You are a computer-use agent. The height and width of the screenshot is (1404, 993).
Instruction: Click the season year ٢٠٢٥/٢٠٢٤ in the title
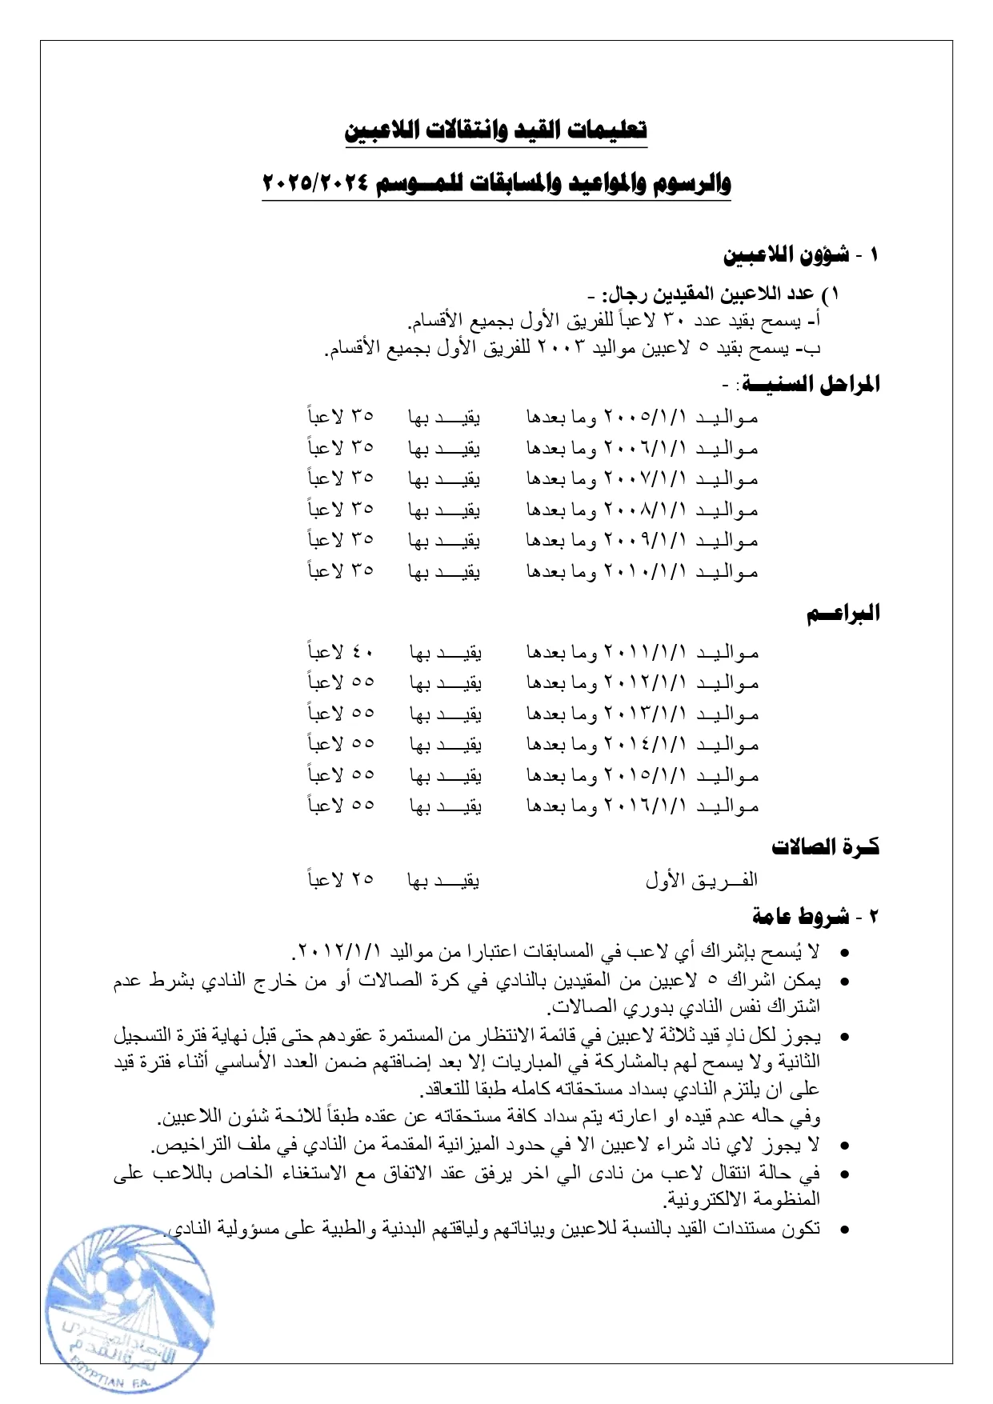click(315, 183)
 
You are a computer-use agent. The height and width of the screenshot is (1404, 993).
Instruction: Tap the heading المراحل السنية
click(811, 385)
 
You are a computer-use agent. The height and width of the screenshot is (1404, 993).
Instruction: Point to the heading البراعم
click(843, 614)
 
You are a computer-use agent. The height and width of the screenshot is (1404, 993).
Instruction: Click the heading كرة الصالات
click(825, 846)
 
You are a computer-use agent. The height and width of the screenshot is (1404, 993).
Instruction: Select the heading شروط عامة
click(800, 917)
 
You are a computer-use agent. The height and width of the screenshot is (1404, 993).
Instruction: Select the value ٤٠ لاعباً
click(341, 651)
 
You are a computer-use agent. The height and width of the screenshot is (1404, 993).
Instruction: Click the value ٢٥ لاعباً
click(341, 878)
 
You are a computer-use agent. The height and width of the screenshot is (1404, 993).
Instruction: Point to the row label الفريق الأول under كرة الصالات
click(701, 880)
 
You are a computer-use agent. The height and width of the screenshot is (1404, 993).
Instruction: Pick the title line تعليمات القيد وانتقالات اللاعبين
click(496, 130)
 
